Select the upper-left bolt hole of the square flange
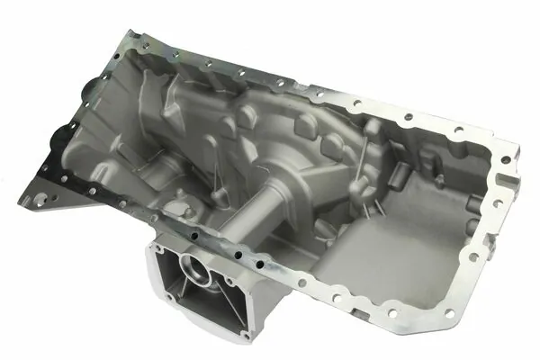[160, 249]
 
